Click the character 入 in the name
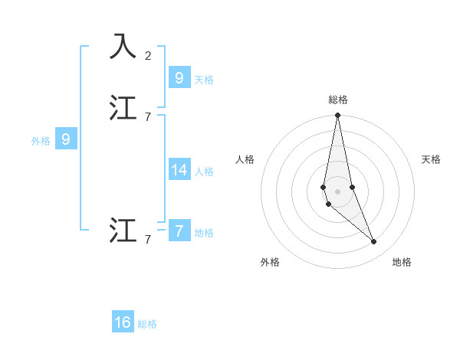[x=123, y=47]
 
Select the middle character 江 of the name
[x=123, y=108]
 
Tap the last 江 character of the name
[x=123, y=231]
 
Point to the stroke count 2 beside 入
[x=148, y=56]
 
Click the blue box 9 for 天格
[x=179, y=77]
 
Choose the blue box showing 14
[x=179, y=169]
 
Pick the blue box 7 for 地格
[x=179, y=231]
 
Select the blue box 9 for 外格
[x=66, y=139]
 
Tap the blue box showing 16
[x=123, y=322]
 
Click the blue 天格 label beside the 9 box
[x=204, y=80]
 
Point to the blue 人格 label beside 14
[x=204, y=172]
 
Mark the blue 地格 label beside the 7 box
[x=204, y=233]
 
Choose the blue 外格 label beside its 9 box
[x=40, y=141]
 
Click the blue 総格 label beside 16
[x=147, y=325]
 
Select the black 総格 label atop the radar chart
[x=338, y=100]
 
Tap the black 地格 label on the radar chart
[x=402, y=263]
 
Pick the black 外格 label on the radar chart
[x=269, y=263]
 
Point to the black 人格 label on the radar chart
[x=245, y=159]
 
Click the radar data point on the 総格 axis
[x=337, y=116]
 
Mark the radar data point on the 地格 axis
[x=374, y=242]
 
